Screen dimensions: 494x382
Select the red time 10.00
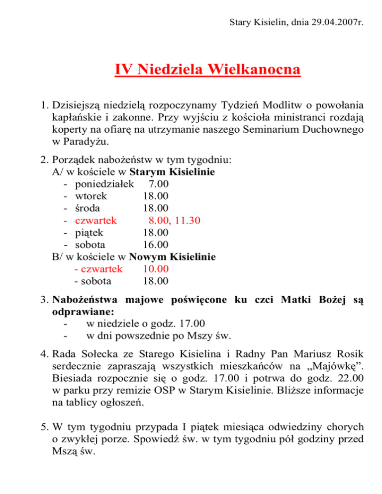click(x=155, y=269)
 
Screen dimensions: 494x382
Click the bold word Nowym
click(x=148, y=257)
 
